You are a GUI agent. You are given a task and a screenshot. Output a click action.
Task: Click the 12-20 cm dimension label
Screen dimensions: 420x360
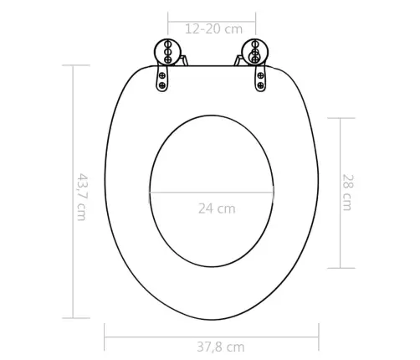tap(213, 29)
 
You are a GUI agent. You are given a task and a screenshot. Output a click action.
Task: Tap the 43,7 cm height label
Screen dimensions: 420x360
tap(82, 198)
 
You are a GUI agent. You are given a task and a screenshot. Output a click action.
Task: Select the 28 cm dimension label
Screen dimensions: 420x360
tap(348, 193)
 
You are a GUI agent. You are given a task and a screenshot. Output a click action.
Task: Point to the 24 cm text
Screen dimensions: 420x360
tap(217, 208)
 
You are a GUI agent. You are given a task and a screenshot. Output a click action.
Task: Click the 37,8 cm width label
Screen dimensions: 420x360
tap(221, 347)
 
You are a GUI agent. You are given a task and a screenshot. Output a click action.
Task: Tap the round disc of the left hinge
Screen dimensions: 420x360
tap(167, 52)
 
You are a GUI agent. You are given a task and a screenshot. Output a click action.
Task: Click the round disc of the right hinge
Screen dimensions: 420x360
tap(255, 52)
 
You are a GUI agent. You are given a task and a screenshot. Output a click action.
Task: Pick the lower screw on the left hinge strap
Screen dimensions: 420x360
tap(162, 85)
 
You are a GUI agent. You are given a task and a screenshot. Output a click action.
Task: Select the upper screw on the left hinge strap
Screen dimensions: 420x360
tap(162, 75)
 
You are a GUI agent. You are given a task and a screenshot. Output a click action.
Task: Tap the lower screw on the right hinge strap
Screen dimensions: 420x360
tap(260, 85)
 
